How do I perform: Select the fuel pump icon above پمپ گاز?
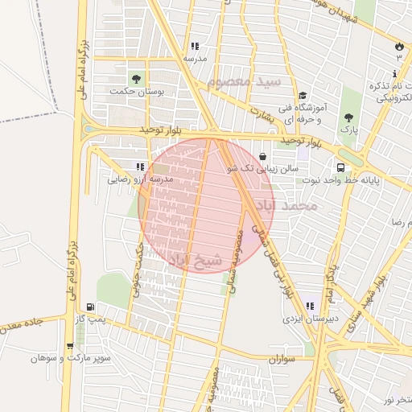click(x=89, y=307)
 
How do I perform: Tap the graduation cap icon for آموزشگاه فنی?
click(x=302, y=95)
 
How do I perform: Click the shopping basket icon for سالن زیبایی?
click(x=263, y=156)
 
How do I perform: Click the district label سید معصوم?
click(x=244, y=82)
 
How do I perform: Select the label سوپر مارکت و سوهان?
click(x=78, y=357)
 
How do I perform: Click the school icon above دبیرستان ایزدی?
click(x=310, y=307)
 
